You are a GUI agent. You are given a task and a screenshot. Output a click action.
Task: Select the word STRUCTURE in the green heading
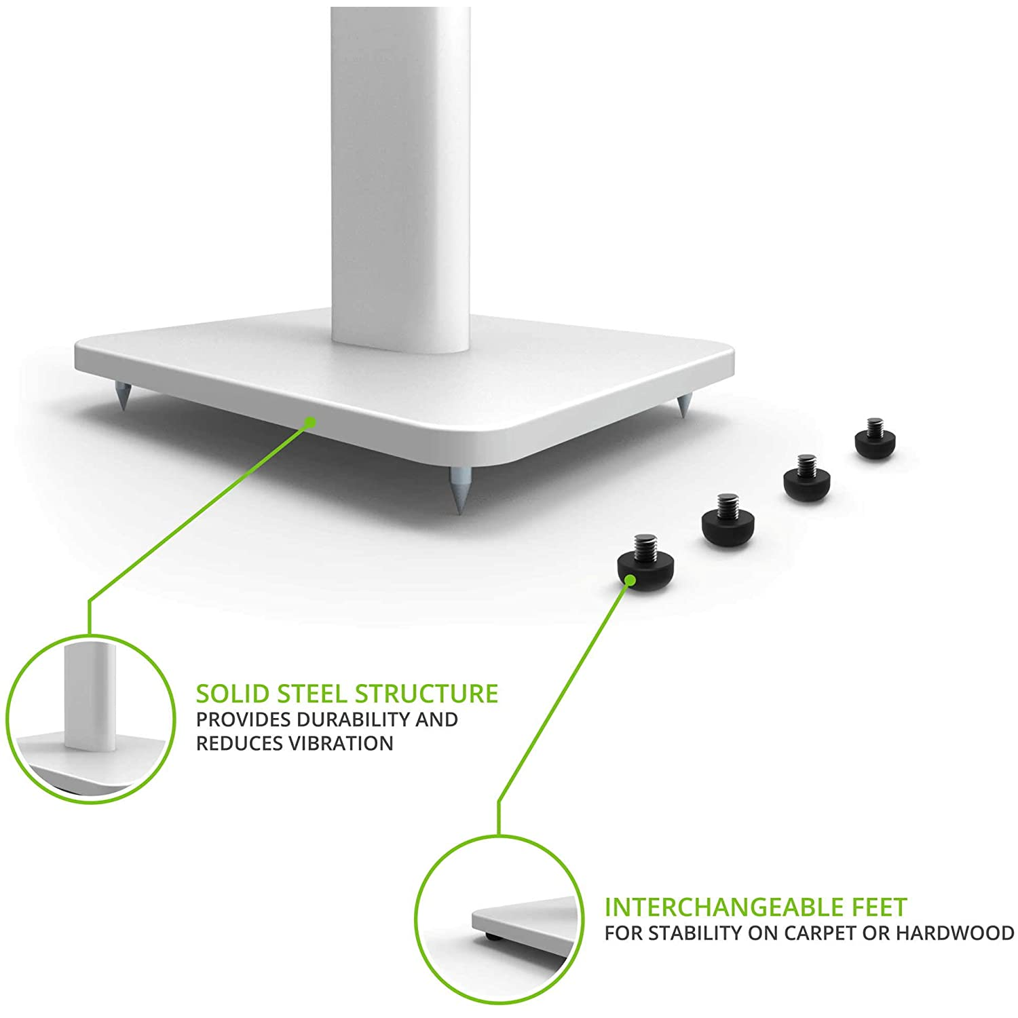point(426,694)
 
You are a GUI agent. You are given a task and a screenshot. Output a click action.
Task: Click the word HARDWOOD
point(955,933)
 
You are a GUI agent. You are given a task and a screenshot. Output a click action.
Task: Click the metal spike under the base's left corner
point(123,396)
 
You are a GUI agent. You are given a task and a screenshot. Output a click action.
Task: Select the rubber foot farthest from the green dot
point(874,440)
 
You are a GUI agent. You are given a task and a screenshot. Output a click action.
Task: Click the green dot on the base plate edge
point(310,422)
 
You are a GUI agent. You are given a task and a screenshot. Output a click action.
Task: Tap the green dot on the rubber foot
point(630,580)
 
